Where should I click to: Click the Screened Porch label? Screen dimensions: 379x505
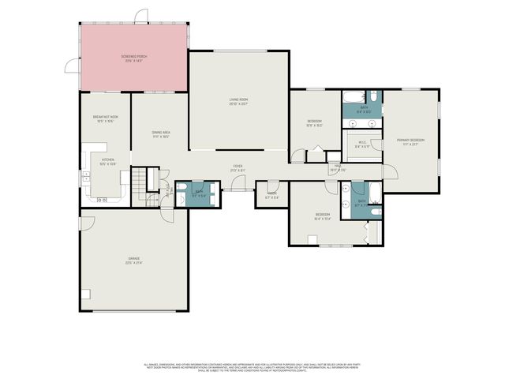[134, 58]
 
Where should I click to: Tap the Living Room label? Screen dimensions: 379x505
[238, 101]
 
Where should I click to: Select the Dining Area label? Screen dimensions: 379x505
[160, 134]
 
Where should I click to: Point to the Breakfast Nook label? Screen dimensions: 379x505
[105, 119]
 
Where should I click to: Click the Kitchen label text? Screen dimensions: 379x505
[107, 161]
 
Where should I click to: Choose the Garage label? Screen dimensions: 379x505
[134, 261]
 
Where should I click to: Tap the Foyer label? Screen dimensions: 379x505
[237, 168]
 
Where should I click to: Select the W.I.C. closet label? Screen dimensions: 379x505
[362, 144]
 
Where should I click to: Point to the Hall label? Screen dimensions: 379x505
[337, 167]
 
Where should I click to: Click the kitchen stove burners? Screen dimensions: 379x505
[102, 201]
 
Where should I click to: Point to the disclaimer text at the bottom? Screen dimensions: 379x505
[252, 366]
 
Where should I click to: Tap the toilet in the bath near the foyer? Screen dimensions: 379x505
[183, 188]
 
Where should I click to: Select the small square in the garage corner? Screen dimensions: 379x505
[87, 295]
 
